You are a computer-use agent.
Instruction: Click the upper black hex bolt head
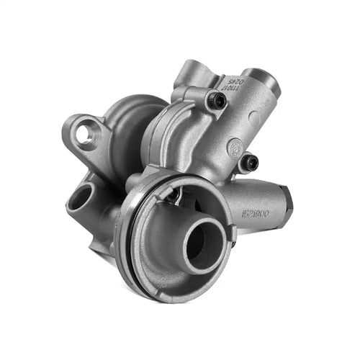pyautogui.click(x=213, y=104)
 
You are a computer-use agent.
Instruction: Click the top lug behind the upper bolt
pyautogui.click(x=189, y=72)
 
